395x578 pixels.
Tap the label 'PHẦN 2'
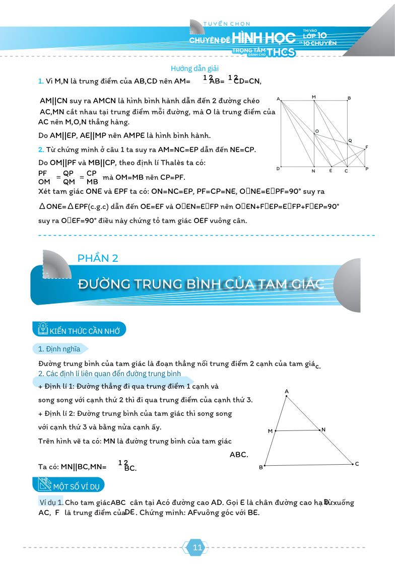pyautogui.click(x=98, y=258)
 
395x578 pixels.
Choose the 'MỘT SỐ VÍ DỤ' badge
pyautogui.click(x=75, y=487)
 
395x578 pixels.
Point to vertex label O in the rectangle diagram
pyautogui.click(x=317, y=131)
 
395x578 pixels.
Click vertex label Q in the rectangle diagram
pyautogui.click(x=350, y=140)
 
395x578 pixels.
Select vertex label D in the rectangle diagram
pyautogui.click(x=278, y=169)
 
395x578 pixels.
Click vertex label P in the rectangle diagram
pyautogui.click(x=367, y=169)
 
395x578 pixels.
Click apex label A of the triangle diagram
pyautogui.click(x=286, y=391)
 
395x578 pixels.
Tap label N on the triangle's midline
pyautogui.click(x=323, y=429)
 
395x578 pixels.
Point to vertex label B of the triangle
pyautogui.click(x=261, y=468)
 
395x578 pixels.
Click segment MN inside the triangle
pyautogui.click(x=298, y=430)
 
